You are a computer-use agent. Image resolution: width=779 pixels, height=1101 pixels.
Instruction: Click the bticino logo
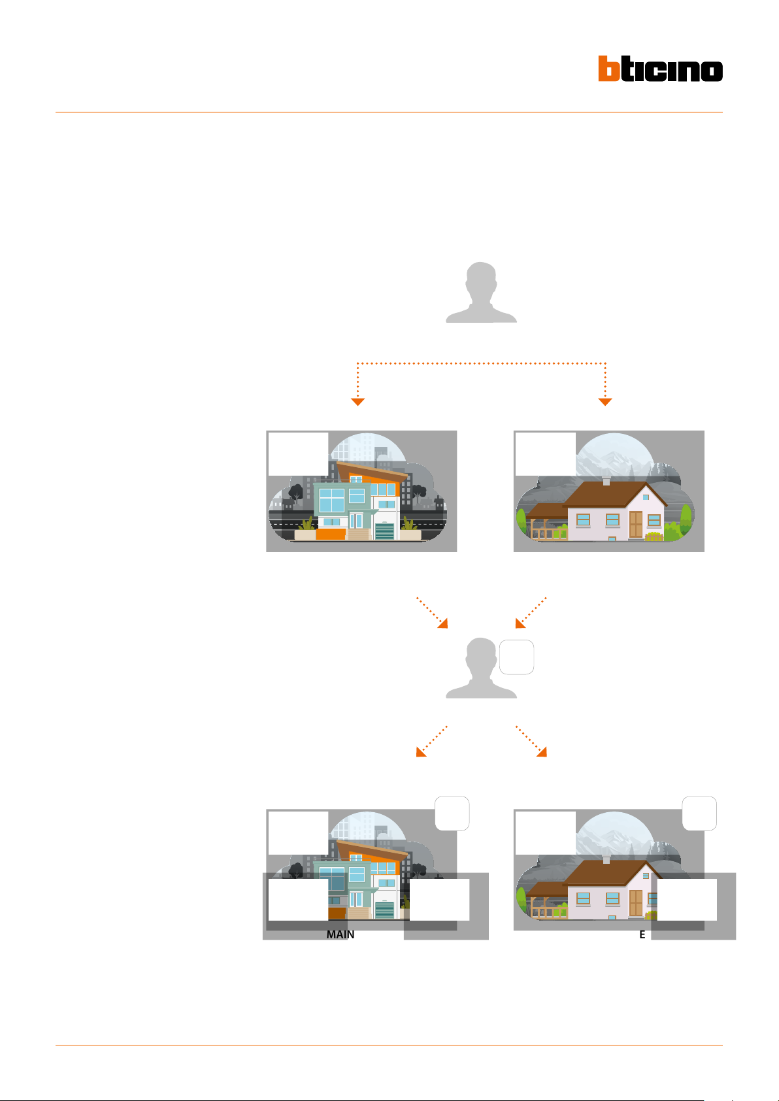pos(660,69)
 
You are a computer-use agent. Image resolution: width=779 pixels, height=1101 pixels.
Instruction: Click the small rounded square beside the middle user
pos(516,657)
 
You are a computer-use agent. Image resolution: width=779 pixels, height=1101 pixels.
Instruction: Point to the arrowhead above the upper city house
pos(357,401)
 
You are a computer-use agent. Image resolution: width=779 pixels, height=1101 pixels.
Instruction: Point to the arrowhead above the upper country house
pos(605,401)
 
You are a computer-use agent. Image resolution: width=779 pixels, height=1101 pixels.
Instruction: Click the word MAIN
pos(340,934)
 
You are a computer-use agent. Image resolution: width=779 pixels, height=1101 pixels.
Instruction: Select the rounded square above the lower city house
pos(452,813)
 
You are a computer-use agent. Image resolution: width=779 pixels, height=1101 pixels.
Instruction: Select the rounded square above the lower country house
pos(699,813)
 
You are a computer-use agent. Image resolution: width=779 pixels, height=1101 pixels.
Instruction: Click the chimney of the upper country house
pos(606,481)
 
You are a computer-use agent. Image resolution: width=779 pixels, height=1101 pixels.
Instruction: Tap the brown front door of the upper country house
pos(635,524)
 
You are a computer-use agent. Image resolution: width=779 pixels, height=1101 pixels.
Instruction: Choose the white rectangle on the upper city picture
pos(298,453)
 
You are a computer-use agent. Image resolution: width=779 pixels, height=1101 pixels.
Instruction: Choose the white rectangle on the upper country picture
pos(545,453)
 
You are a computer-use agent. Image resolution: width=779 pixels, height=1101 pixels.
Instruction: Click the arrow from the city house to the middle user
pos(433,612)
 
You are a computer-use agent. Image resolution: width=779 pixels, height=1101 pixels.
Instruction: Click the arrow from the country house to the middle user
pos(530,612)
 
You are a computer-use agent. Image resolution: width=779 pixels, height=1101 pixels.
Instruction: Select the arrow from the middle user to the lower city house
pos(432,741)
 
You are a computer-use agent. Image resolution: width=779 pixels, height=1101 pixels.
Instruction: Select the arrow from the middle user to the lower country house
pos(531,741)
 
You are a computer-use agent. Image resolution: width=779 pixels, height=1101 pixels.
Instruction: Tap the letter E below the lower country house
pos(642,934)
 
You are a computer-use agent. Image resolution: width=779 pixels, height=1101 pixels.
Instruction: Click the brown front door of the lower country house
pos(635,903)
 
